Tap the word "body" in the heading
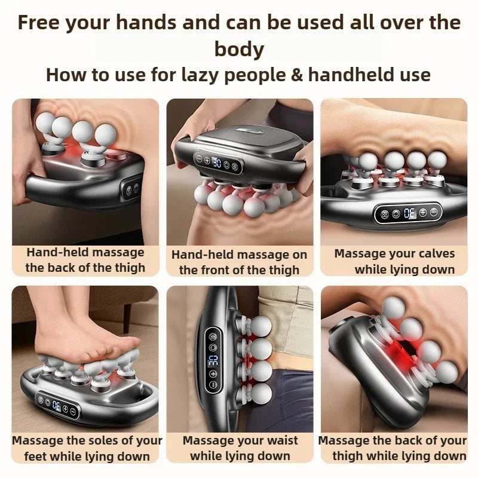pos(239,48)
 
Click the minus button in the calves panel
pos(433,212)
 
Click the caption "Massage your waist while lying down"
pos(240,448)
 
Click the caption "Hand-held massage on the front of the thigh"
pos(240,262)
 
